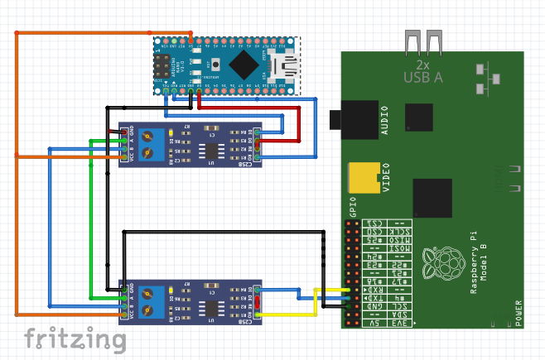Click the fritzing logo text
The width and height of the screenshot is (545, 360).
70,339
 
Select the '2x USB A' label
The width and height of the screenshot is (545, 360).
422,71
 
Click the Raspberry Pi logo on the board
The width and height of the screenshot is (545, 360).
440,263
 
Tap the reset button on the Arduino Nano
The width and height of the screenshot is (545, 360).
215,63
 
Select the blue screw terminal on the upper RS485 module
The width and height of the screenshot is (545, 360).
151,145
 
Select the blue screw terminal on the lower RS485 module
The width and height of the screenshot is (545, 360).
151,302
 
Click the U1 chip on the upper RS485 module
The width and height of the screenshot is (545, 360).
214,151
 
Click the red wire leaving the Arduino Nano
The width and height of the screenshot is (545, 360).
248,108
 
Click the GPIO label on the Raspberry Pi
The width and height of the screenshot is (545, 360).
352,206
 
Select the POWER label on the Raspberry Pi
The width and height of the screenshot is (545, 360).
518,314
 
